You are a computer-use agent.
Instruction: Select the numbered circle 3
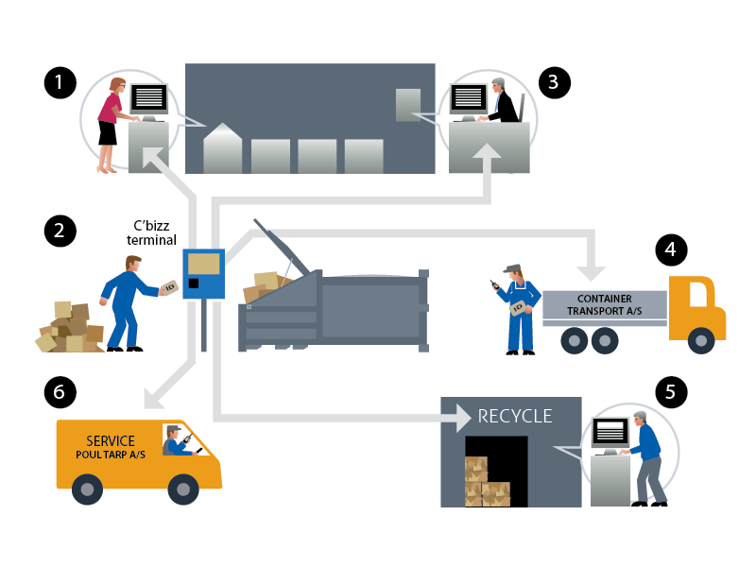(555, 82)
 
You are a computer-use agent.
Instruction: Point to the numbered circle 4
(671, 249)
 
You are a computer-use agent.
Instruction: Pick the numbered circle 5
(671, 391)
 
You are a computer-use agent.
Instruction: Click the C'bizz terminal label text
(152, 233)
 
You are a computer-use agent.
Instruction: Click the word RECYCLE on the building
(515, 416)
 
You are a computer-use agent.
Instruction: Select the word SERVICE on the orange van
(110, 441)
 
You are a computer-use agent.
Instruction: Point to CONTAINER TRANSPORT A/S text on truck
(604, 304)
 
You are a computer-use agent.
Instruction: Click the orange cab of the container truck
(696, 307)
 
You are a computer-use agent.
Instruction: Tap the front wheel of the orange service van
(182, 489)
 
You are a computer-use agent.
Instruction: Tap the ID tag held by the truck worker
(517, 308)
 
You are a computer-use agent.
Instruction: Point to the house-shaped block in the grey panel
(223, 148)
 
